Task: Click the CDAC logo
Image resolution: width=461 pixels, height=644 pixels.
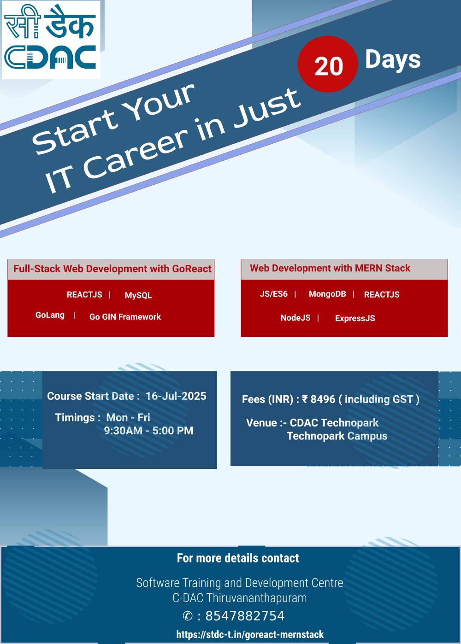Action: (51, 40)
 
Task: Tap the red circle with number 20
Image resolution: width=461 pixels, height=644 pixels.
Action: (327, 64)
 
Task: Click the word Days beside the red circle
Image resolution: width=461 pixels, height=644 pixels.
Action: (393, 59)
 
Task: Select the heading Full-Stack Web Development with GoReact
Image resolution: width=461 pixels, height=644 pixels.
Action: (112, 269)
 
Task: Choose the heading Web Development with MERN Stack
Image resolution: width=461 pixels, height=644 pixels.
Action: (330, 268)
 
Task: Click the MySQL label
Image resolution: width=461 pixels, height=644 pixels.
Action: (138, 295)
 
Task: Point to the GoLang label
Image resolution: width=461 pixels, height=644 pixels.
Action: (50, 315)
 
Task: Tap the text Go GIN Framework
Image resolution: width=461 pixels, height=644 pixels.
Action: (125, 316)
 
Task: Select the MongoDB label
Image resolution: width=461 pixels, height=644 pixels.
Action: (327, 294)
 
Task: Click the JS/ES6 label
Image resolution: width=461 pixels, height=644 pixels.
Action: (273, 294)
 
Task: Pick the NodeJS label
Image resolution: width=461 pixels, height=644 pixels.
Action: (295, 318)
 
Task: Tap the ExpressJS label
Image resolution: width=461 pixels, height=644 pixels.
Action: (355, 318)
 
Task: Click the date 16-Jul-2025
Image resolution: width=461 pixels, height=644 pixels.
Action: (176, 396)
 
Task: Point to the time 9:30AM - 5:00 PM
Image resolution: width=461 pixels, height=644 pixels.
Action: (148, 431)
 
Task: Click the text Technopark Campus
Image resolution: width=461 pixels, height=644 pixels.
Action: (337, 436)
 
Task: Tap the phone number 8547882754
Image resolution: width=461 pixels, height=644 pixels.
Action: (245, 616)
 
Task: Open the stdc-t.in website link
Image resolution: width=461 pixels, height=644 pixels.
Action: (250, 634)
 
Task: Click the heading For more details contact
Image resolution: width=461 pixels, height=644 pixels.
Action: (238, 558)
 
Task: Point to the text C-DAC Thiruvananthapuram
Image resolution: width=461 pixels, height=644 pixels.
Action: (239, 598)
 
